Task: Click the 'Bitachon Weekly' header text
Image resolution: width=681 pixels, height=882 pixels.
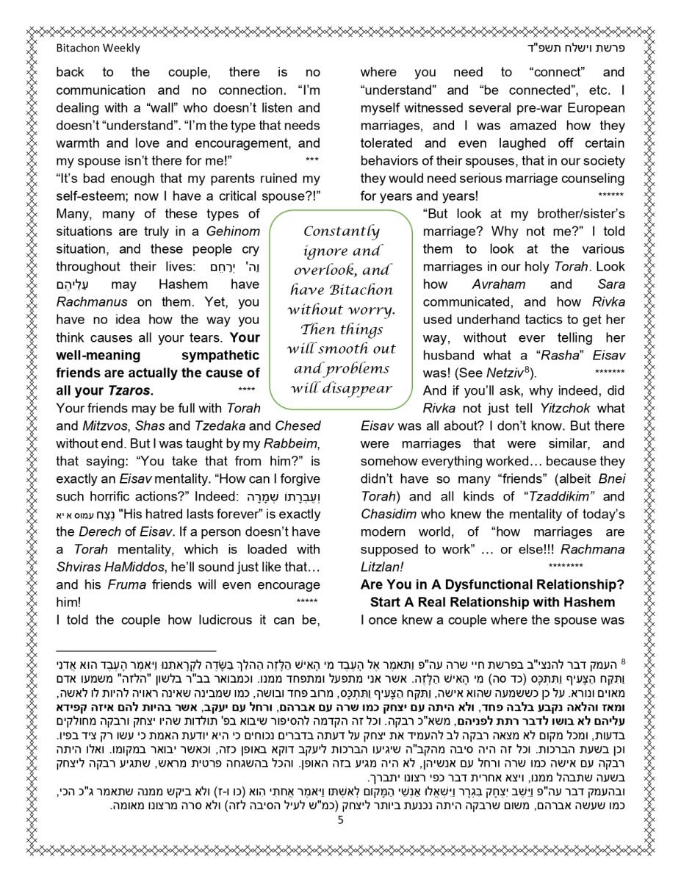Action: click(x=98, y=49)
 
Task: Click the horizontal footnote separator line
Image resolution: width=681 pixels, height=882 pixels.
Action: click(x=136, y=650)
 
